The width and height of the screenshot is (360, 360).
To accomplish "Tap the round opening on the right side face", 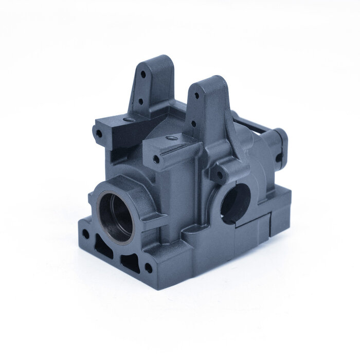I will tap(236, 201).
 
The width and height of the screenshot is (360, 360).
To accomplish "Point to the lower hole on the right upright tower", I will tap(193, 123).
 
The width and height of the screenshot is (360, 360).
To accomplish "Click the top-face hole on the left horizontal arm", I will tap(127, 119).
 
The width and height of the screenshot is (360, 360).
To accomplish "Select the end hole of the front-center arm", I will tap(156, 160).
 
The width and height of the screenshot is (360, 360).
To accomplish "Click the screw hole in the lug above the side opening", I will tap(220, 175).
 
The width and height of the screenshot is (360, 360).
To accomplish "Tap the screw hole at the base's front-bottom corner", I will tap(148, 268).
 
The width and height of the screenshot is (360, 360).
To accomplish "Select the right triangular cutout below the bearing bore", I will tap(127, 263).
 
